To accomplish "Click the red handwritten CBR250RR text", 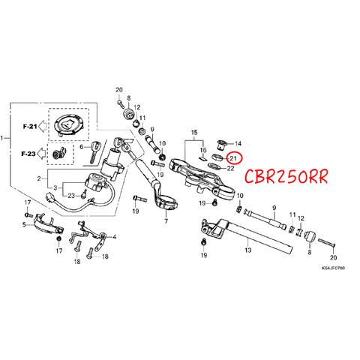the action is [286, 176].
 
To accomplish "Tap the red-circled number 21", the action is [233, 158].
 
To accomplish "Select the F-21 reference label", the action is [30, 127].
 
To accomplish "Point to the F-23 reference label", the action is [28, 154].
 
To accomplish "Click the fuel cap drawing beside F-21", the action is [69, 125].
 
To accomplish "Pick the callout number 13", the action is [248, 250].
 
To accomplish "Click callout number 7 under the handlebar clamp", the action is [166, 221].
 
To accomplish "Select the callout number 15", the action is [194, 132].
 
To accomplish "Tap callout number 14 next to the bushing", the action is [238, 143].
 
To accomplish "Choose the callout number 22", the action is [230, 169].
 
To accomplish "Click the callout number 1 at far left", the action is [2, 138].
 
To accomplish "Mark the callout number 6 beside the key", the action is [82, 147].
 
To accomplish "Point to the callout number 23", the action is [71, 196].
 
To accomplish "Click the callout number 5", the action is [24, 225].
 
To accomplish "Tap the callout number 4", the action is [115, 236].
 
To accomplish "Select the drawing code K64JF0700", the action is [333, 268].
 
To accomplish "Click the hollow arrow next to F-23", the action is [42, 154].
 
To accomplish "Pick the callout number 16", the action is [203, 150].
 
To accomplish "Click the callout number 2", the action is [39, 178].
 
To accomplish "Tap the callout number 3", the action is [55, 187].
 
